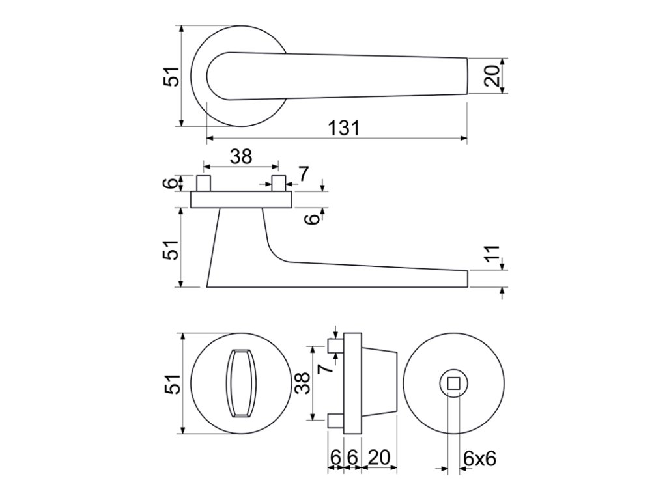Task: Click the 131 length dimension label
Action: pyautogui.click(x=344, y=128)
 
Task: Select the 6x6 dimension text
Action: pyautogui.click(x=480, y=458)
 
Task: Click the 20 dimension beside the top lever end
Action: pyautogui.click(x=492, y=76)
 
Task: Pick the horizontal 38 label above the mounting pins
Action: pyautogui.click(x=240, y=156)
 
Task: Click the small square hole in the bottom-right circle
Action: pyautogui.click(x=453, y=383)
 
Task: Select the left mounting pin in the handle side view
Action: pyautogui.click(x=204, y=183)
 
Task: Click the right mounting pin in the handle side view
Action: pyautogui.click(x=279, y=183)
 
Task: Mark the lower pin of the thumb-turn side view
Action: pyautogui.click(x=335, y=421)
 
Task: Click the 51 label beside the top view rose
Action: pyautogui.click(x=171, y=77)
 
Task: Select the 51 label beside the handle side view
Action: pyautogui.click(x=171, y=248)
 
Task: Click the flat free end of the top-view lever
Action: pyautogui.click(x=466, y=76)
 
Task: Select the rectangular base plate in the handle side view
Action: pyautogui.click(x=240, y=199)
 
